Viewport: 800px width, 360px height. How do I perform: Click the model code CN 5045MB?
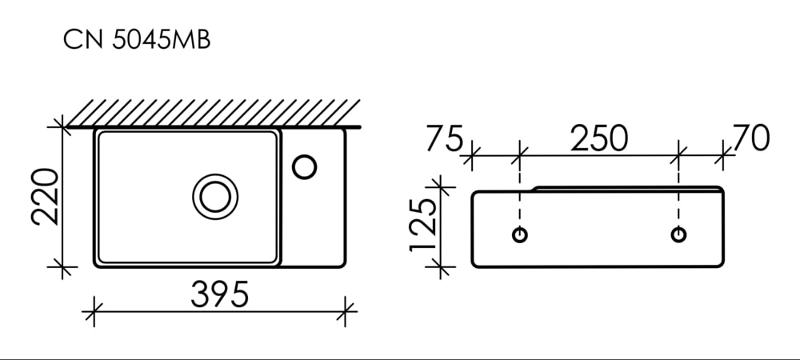(136, 40)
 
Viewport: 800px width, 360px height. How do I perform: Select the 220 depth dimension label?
(45, 197)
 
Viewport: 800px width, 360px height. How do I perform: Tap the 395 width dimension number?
(220, 294)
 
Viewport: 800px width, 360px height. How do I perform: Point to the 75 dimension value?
(444, 138)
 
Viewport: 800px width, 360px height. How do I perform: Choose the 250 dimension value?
(599, 138)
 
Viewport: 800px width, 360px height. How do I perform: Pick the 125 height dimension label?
(423, 224)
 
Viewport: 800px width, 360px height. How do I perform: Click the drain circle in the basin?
(215, 197)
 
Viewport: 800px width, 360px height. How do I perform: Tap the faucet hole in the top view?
(305, 167)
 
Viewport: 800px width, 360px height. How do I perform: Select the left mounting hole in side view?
(519, 234)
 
